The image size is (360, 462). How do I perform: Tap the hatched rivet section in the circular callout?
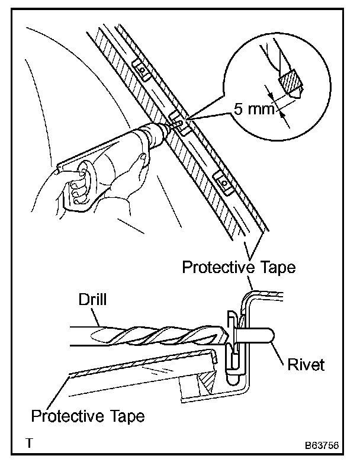pos(290,82)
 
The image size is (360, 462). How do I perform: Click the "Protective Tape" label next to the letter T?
pos(88,415)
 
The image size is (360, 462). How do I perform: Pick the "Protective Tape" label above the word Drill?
pos(237,267)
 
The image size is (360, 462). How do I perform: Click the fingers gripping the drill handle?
pos(76,182)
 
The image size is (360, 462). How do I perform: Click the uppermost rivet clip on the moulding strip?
pos(142,70)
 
